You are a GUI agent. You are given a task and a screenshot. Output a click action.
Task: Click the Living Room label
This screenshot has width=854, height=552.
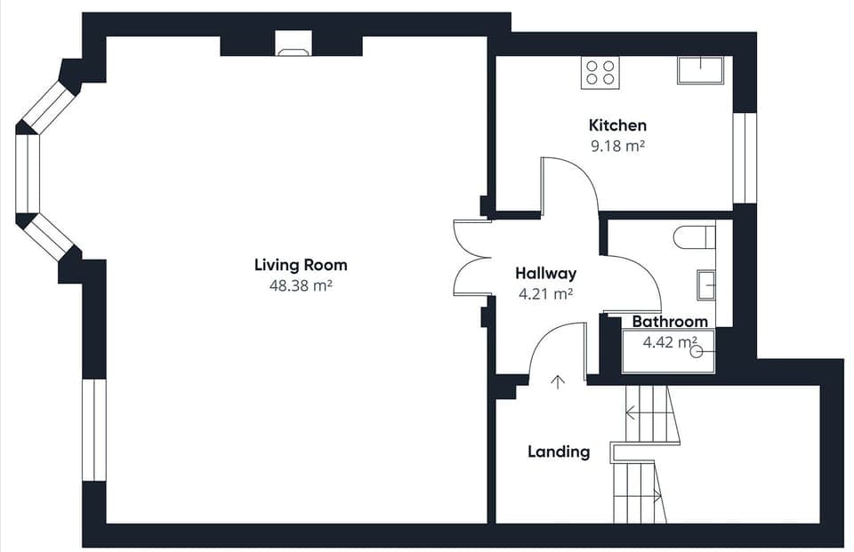[301, 265]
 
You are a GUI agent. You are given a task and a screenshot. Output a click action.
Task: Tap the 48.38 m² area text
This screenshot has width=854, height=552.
[301, 286]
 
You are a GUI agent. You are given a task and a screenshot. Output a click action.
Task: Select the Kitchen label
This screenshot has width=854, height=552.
[617, 125]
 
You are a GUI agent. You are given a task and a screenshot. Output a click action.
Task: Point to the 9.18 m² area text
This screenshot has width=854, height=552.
[617, 146]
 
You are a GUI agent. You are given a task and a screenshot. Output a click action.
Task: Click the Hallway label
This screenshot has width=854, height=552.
[545, 273]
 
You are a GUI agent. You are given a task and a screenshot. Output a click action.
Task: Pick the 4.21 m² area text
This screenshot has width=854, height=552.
[545, 294]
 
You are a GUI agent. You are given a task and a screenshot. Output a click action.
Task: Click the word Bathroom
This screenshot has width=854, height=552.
[670, 322]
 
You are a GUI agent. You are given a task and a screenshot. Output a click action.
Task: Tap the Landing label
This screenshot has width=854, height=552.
[559, 452]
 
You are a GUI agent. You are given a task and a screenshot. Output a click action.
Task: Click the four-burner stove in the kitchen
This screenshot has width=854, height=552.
[600, 73]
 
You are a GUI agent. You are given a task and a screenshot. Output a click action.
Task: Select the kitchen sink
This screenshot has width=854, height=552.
[700, 70]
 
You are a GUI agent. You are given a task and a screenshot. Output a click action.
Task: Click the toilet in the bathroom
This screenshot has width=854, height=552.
[695, 238]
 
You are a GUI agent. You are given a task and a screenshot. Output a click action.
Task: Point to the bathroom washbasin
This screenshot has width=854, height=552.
[706, 284]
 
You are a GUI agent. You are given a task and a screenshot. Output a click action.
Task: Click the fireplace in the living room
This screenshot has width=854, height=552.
[294, 44]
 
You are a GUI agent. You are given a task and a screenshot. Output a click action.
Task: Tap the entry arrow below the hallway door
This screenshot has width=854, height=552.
[557, 382]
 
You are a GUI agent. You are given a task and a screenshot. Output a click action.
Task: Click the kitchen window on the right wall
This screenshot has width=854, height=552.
[745, 158]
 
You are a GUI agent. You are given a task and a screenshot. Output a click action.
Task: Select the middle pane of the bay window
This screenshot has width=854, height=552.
[28, 173]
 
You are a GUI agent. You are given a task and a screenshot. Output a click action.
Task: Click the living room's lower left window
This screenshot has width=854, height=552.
[94, 430]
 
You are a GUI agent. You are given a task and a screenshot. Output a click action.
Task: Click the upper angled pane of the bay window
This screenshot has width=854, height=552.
[48, 108]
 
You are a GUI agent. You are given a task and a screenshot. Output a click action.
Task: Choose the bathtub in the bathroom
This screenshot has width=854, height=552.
[668, 351]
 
